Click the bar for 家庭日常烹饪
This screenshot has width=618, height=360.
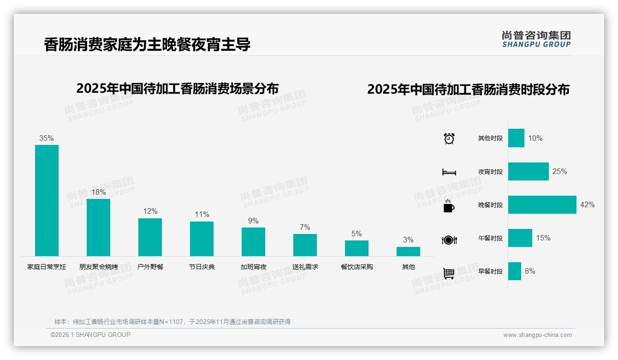pos(47,200)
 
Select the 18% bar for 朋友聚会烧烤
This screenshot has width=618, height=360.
pos(98,227)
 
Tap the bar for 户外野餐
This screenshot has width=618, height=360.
pos(150,237)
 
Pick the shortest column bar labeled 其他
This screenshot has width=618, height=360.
pos(408,252)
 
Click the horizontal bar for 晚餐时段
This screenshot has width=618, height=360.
pos(542,204)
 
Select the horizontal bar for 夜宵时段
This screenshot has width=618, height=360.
pos(528,171)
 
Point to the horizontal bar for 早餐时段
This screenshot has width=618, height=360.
pos(514,271)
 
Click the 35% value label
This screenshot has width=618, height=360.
pos(47,138)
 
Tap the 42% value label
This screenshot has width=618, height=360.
pos(587,204)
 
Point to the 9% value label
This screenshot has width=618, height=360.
pos(253,221)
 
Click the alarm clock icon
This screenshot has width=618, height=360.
pos(449,138)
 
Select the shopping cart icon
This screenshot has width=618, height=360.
pos(449,273)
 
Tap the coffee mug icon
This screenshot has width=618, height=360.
pos(449,206)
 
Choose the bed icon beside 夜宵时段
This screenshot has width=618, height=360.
pos(449,172)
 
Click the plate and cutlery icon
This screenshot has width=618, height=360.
pos(449,240)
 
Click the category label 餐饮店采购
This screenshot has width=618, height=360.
pos(357,267)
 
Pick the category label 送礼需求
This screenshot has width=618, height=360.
pos(305,267)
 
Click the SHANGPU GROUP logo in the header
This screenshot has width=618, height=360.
pos(536,39)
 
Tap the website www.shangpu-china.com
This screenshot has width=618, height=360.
pos(537,335)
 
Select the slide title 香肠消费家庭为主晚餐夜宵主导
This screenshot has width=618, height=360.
pos(147,45)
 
